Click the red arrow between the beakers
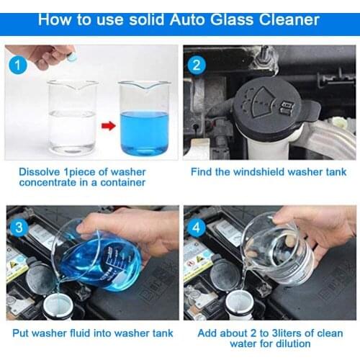click(108, 127)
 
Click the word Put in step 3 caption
click(21, 333)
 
